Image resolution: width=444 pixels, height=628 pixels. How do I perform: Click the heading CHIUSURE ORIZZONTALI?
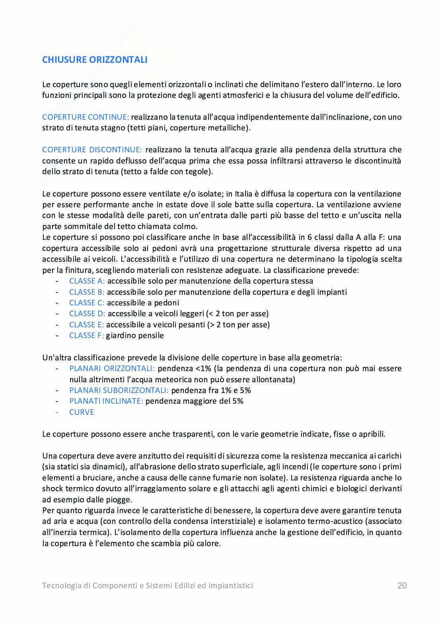pyautogui.click(x=95, y=60)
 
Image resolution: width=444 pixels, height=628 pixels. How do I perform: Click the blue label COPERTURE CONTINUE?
pyautogui.click(x=86, y=117)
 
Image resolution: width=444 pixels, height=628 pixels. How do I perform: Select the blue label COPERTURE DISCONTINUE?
pyautogui.click(x=92, y=150)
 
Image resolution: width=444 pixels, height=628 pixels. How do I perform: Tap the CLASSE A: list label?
pyautogui.click(x=87, y=281)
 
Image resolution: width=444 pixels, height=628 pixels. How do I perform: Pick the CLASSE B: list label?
pyautogui.click(x=87, y=292)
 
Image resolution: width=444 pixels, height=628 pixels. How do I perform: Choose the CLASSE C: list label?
pyautogui.click(x=87, y=303)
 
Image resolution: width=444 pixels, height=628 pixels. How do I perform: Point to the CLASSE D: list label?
pyautogui.click(x=87, y=313)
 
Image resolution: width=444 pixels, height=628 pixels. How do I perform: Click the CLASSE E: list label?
pyautogui.click(x=86, y=325)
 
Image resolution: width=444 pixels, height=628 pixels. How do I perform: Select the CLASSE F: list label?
pyautogui.click(x=86, y=335)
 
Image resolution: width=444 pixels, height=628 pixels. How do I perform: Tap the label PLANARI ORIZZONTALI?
pyautogui.click(x=112, y=368)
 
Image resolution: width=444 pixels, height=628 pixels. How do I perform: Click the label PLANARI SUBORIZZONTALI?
pyautogui.click(x=119, y=390)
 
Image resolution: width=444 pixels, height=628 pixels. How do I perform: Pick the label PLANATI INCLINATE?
pyautogui.click(x=106, y=401)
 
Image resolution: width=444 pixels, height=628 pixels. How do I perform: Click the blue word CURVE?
pyautogui.click(x=82, y=412)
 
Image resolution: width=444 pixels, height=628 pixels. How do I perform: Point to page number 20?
pyautogui.click(x=402, y=585)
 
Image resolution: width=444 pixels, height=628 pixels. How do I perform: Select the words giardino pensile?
pyautogui.click(x=135, y=335)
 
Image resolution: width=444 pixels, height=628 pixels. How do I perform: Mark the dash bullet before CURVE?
pyautogui.click(x=57, y=412)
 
